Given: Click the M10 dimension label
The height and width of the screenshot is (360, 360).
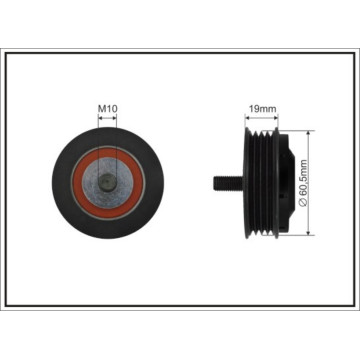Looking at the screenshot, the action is pos(107,108).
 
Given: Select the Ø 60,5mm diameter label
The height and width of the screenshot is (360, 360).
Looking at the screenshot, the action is pos(303,183).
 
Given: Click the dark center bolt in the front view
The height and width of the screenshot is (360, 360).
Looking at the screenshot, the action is pos(107,183).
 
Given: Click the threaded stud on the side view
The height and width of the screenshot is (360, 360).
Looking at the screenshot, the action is pos(228,183).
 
